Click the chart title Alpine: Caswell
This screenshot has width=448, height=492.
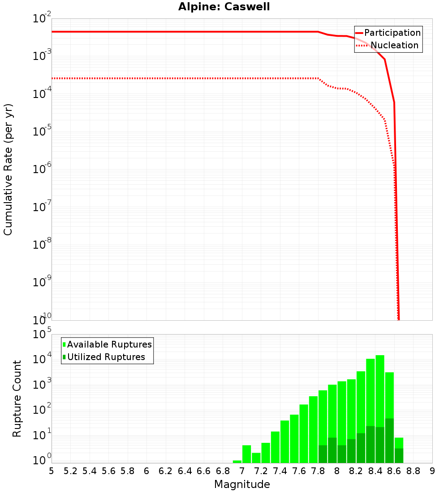click(224, 7)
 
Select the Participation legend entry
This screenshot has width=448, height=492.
click(392, 33)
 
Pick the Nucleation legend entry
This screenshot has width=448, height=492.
click(394, 45)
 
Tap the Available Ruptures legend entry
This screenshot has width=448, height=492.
click(109, 344)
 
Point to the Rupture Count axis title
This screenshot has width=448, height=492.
click(17, 399)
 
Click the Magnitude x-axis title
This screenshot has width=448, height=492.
click(242, 484)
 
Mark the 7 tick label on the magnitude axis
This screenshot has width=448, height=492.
click(242, 471)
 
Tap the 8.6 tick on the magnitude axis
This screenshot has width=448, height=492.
click(394, 471)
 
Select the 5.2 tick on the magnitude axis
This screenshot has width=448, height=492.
click(70, 471)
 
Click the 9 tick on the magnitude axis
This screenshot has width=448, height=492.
click(432, 471)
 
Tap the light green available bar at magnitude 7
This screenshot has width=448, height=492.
click(246, 454)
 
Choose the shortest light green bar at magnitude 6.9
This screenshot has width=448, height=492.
click(237, 462)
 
